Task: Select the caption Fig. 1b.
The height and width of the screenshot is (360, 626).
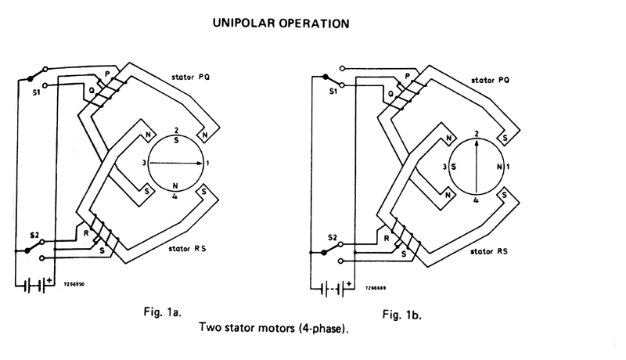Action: pos(405,315)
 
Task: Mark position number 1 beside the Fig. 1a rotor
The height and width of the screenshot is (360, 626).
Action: pos(208,163)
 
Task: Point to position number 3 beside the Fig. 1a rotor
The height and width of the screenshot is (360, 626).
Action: pos(144,163)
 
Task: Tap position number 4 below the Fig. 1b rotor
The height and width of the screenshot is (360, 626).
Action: pos(476,201)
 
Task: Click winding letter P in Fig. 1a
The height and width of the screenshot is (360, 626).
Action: pos(108,72)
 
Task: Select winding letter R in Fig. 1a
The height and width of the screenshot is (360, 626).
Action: pos(86,232)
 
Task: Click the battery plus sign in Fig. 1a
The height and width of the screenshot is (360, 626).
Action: pos(50,279)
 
